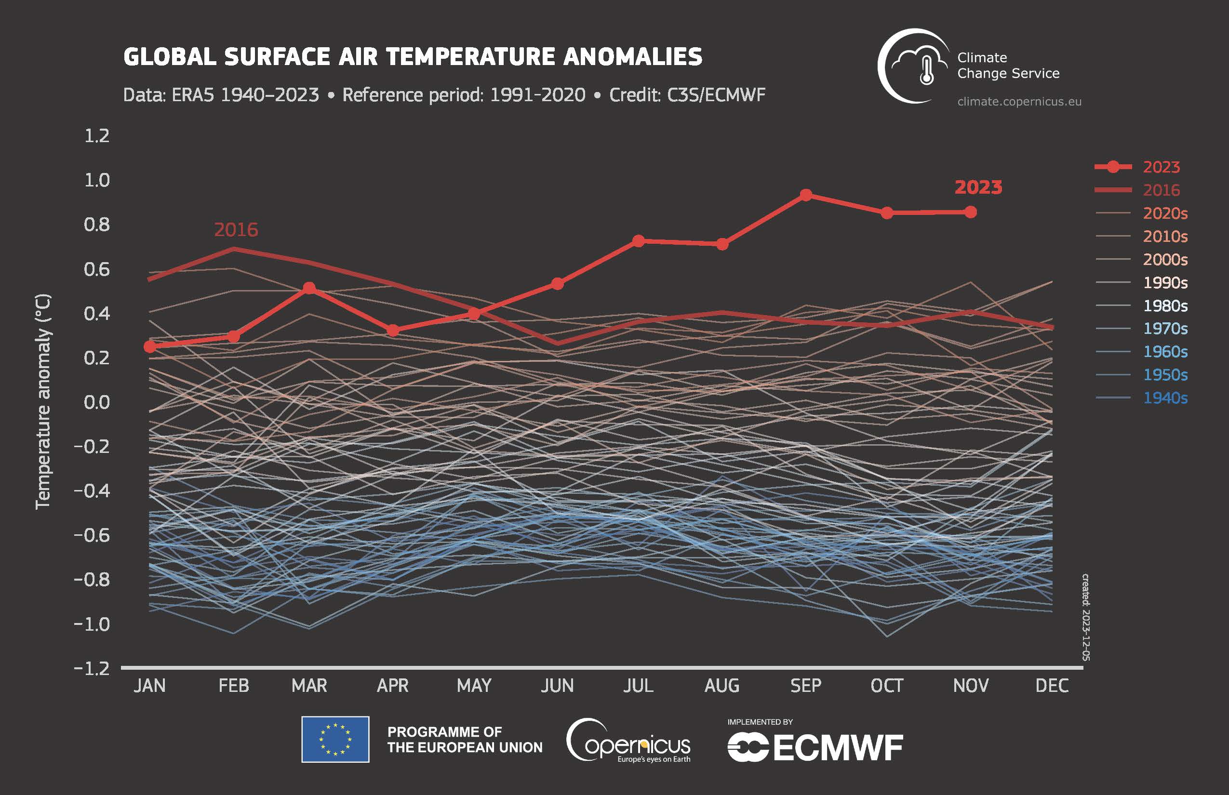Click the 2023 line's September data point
click(805, 195)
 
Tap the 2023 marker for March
click(309, 288)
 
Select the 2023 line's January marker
click(150, 347)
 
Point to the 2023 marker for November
click(970, 212)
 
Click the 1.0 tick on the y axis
click(97, 180)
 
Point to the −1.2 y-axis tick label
click(92, 669)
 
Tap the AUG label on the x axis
click(721, 686)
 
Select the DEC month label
click(1051, 686)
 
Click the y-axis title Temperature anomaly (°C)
click(43, 402)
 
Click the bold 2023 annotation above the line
click(978, 187)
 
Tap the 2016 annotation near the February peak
click(236, 230)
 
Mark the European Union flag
click(335, 739)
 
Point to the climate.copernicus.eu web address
click(1019, 102)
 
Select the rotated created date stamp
click(1085, 617)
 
